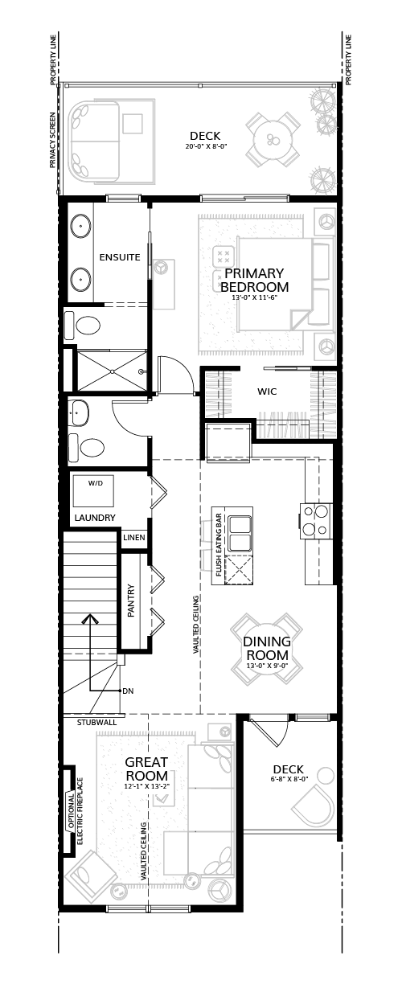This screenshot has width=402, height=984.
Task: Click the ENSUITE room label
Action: pyautogui.click(x=120, y=257)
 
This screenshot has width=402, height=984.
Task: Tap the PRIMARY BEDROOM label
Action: pyautogui.click(x=254, y=280)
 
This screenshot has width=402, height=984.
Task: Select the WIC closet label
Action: pyautogui.click(x=267, y=391)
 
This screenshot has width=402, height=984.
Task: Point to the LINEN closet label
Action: pyautogui.click(x=134, y=537)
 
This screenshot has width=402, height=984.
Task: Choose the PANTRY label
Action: pyautogui.click(x=130, y=601)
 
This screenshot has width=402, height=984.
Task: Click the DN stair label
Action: pyautogui.click(x=128, y=691)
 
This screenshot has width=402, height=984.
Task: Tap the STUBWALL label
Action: pyautogui.click(x=96, y=722)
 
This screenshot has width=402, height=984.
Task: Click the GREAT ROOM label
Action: pyautogui.click(x=146, y=769)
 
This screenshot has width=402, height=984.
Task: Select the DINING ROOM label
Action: pyautogui.click(x=267, y=648)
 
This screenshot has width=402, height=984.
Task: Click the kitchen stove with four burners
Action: pyautogui.click(x=316, y=521)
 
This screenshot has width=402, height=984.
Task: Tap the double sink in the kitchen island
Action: pyautogui.click(x=239, y=532)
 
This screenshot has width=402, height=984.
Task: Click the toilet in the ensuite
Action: pyautogui.click(x=82, y=326)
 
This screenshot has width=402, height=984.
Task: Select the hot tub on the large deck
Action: pyautogui.click(x=94, y=141)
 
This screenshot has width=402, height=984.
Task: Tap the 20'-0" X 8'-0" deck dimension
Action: pyautogui.click(x=206, y=147)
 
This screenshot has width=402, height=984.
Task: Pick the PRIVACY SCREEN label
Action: pyautogui.click(x=53, y=140)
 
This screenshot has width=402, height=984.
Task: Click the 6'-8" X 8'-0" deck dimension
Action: pyautogui.click(x=288, y=779)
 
